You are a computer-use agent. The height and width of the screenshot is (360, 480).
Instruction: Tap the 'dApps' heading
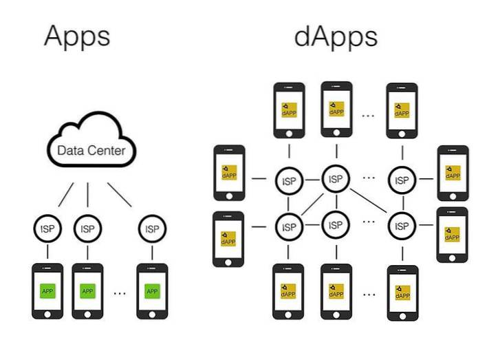coord(335,35)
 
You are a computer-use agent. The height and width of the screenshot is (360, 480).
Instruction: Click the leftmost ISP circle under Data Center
coord(47,229)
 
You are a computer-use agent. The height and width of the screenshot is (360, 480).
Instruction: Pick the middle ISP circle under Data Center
coord(87,229)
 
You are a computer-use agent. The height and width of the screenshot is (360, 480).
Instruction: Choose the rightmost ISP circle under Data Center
coord(151,229)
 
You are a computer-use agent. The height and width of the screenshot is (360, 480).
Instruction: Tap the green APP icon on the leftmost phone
coord(47,291)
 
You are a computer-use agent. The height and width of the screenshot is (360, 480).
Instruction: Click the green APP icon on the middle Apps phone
coord(87,291)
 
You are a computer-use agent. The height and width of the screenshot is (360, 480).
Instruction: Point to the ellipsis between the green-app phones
coord(120,293)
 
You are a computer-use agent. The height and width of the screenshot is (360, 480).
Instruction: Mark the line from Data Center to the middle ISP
coord(87,195)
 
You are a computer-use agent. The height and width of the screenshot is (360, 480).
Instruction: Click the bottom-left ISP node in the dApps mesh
coord(289,226)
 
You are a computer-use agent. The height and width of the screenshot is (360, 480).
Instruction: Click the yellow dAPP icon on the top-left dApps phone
coord(288,109)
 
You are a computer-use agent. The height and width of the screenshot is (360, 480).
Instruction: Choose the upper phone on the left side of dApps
coord(229,172)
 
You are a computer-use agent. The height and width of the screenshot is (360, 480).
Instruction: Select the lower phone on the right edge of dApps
coord(452,234)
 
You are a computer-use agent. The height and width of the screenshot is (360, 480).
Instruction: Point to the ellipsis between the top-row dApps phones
coord(369,114)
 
